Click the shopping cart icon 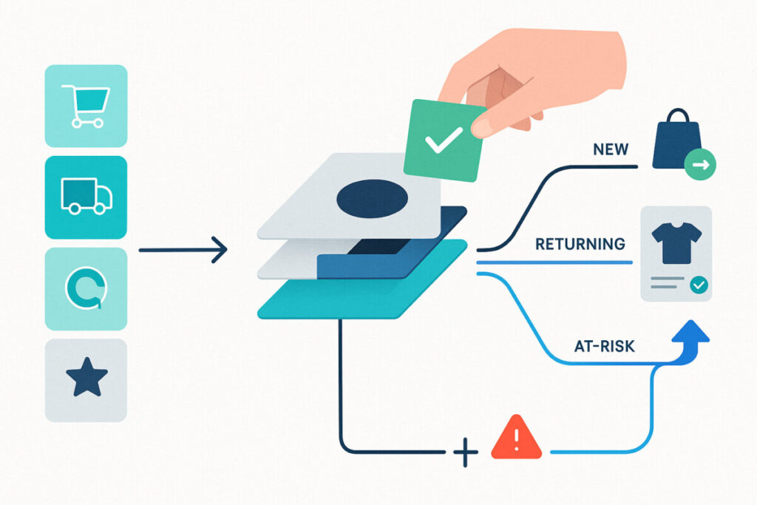(86, 106)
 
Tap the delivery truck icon (86, 196)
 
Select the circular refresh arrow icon (86, 288)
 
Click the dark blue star (87, 377)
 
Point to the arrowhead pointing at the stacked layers (219, 250)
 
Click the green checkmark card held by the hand (444, 140)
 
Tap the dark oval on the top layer (373, 198)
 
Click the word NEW (611, 149)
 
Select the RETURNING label (580, 244)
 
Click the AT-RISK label (605, 346)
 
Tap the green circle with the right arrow (700, 165)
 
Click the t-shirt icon (676, 243)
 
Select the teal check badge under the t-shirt (699, 285)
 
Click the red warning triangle (516, 437)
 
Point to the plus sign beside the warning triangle (466, 453)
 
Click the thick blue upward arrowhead (690, 333)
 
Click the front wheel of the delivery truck (100, 208)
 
